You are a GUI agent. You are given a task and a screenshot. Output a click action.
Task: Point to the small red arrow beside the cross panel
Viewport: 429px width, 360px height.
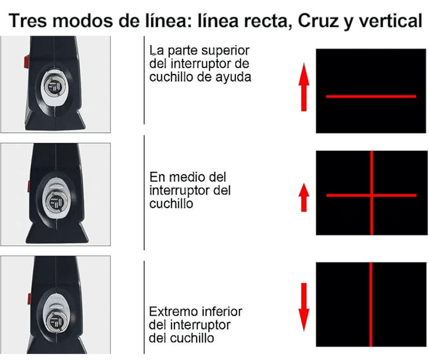pyautogui.click(x=304, y=197)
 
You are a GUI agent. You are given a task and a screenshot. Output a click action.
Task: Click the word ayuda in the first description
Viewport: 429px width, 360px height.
pyautogui.click(x=234, y=77)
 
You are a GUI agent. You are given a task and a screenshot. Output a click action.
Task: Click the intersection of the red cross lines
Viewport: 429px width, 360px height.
pyautogui.click(x=372, y=195)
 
